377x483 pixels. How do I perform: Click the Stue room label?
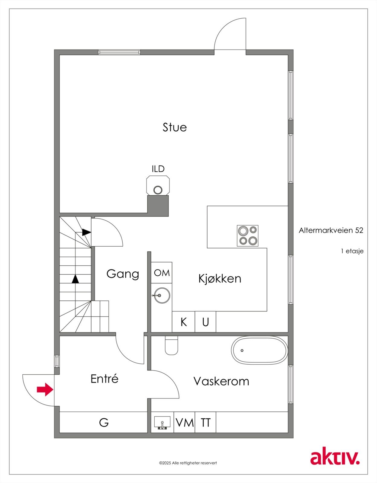(x=175, y=127)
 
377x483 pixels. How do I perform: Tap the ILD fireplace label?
(x=158, y=169)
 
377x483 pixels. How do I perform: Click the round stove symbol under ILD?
(x=158, y=190)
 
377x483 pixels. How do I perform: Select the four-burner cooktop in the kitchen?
(x=247, y=236)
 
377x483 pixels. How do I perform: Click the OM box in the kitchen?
(x=162, y=273)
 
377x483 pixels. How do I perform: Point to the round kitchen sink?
(x=161, y=295)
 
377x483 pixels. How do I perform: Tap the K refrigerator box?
(x=183, y=322)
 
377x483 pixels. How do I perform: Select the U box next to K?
(x=205, y=322)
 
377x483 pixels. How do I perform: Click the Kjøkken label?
(x=220, y=278)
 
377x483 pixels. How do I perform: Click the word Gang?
(x=123, y=274)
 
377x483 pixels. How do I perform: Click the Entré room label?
(x=104, y=379)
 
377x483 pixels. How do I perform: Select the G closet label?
(x=104, y=422)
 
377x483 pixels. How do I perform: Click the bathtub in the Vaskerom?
(x=259, y=350)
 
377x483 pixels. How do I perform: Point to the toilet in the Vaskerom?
(x=172, y=346)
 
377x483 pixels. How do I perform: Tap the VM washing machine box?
(x=184, y=422)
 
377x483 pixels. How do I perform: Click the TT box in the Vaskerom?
(x=205, y=422)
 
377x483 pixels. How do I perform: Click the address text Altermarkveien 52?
(x=331, y=230)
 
